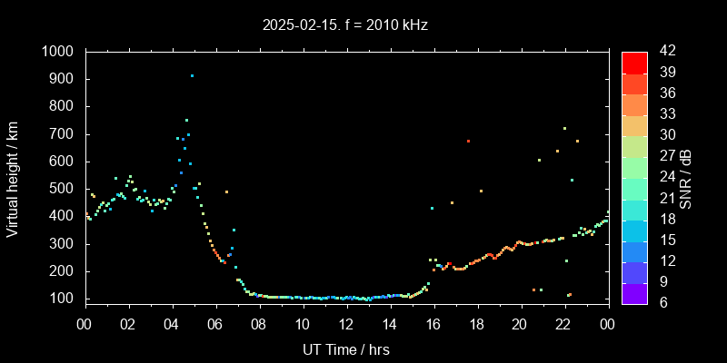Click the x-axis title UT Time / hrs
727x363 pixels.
345,348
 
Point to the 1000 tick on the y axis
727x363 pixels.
60,52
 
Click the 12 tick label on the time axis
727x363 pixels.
346,324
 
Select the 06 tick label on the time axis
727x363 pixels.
215,324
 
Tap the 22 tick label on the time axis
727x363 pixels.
564,324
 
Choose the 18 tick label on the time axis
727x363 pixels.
477,324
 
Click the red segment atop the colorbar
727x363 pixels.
634,62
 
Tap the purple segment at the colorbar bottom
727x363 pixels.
634,292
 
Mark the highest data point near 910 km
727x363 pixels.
192,76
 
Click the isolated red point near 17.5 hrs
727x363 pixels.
468,141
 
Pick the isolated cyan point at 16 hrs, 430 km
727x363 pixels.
432,208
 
